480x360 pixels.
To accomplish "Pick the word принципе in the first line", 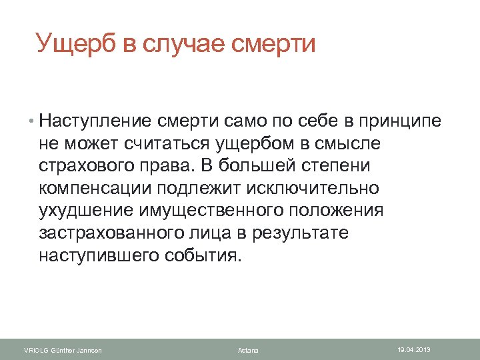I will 398,121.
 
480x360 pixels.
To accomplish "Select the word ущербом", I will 253,143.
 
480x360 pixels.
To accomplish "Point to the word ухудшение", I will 86,211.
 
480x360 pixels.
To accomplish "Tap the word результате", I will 311,234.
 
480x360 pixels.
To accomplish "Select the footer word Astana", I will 248,350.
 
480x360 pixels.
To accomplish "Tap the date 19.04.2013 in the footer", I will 414,349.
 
